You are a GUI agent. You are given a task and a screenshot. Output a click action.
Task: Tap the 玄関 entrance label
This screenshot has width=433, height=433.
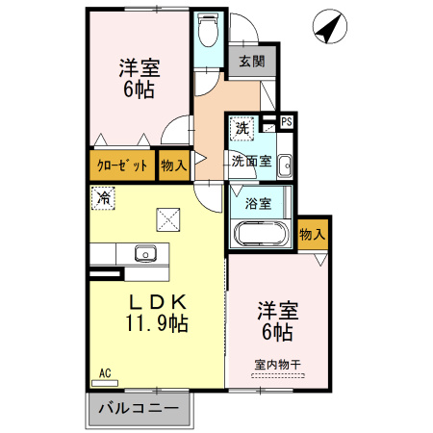coord(251,60)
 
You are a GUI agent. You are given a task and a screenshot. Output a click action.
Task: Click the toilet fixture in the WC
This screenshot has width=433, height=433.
coord(206,32)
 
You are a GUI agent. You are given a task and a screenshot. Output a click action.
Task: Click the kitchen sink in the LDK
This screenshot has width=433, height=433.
coord(145,254)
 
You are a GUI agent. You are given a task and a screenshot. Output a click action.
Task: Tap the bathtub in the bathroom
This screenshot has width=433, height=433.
coord(260,235)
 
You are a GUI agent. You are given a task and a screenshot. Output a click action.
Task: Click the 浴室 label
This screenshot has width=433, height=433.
coord(257,204)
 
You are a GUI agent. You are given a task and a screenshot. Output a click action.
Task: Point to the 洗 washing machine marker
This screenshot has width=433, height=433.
coord(242,127)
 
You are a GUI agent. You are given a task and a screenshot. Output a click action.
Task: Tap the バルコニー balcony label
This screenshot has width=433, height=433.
coord(140,408)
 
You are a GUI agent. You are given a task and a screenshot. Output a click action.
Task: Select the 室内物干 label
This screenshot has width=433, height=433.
coord(278,364)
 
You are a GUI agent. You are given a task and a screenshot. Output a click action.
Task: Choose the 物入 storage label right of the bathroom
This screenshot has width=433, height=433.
coord(312,234)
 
